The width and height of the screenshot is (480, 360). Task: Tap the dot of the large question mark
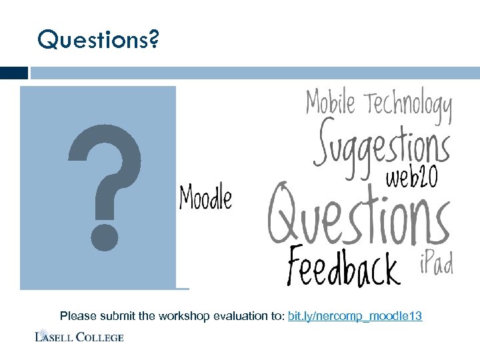(105, 237)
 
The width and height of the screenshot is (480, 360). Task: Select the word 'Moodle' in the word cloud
(206, 198)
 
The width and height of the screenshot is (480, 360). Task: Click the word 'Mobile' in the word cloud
(331, 104)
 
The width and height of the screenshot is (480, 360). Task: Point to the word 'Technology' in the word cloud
(408, 107)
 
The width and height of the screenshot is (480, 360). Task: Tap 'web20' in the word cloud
(412, 178)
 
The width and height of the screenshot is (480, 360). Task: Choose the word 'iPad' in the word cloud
(436, 264)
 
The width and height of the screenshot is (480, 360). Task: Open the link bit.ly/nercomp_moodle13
(355, 316)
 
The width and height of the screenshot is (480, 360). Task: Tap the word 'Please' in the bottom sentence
(76, 316)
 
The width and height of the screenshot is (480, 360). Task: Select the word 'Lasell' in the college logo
(55, 337)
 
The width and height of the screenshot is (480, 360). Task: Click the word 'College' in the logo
(100, 337)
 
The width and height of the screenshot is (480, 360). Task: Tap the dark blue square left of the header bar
(14, 73)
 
